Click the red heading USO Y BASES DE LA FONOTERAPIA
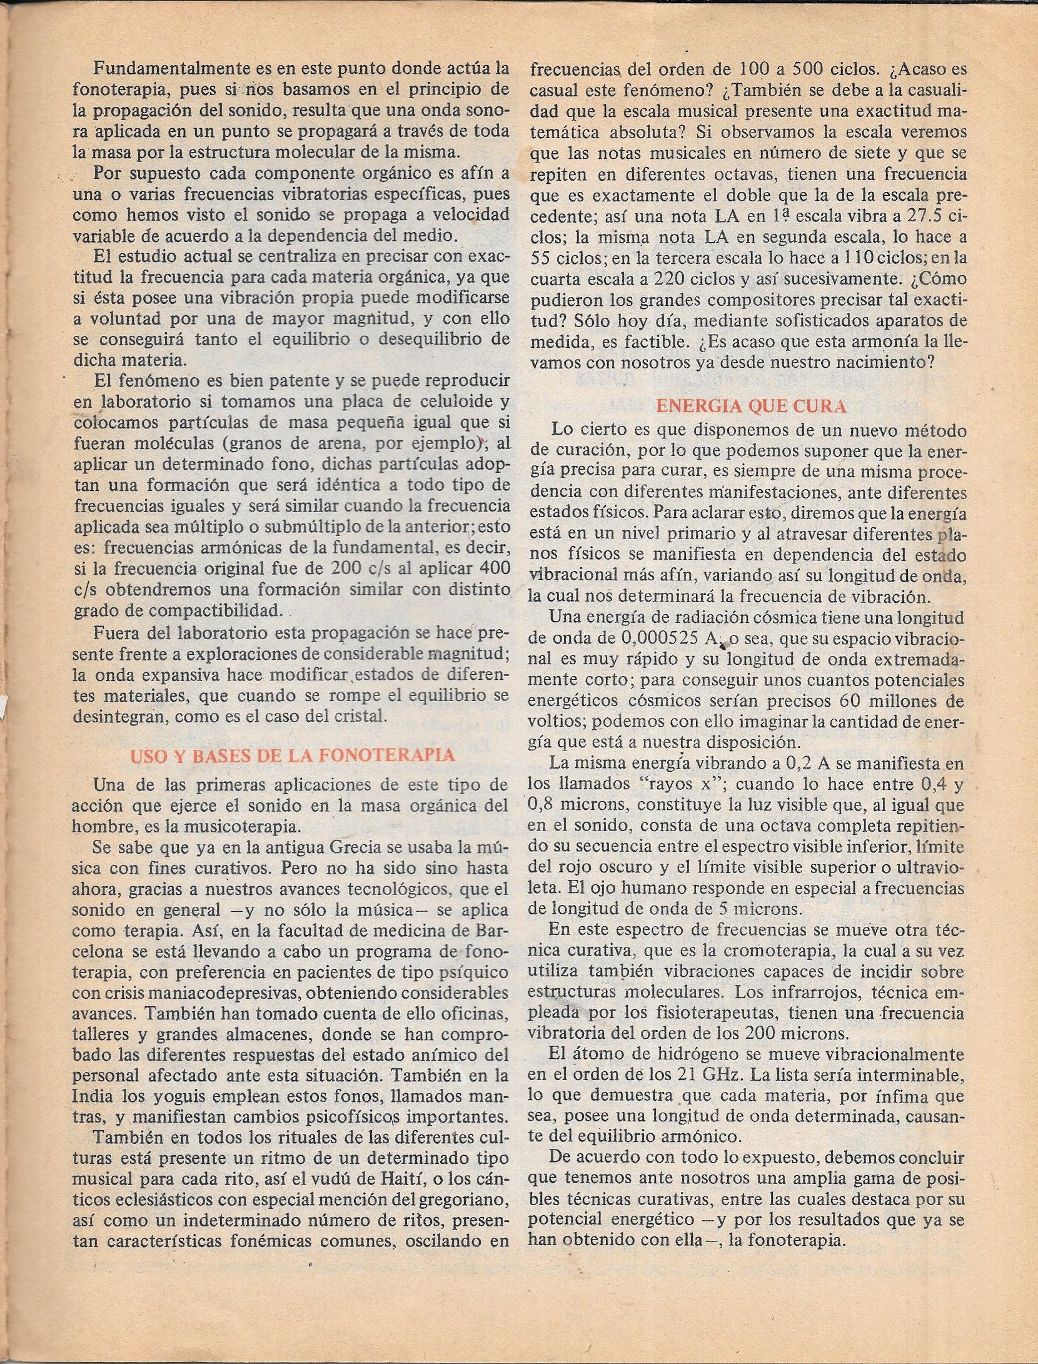pos(292,755)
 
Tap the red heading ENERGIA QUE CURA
pos(751,407)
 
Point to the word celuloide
pos(433,401)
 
